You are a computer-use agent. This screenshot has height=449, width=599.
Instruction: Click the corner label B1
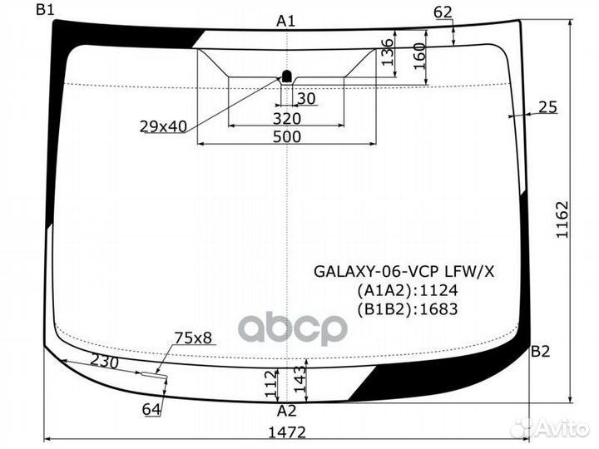coord(45,10)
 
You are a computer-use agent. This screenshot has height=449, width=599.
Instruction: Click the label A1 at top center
coord(286,21)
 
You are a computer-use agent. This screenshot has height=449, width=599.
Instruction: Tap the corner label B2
coord(541,351)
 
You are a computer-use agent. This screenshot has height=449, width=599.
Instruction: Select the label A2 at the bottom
coord(286,411)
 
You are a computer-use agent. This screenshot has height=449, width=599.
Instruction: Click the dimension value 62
coord(443,12)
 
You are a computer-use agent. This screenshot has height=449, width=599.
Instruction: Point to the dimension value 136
coord(387,52)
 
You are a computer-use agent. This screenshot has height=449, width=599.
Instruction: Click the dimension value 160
coord(419,56)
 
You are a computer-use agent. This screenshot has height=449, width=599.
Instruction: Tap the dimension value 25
coord(547,106)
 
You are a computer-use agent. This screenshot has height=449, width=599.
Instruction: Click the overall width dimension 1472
coord(287,432)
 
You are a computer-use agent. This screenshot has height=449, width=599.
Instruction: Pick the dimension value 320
coord(287,118)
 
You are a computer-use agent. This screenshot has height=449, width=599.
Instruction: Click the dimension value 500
coord(287,137)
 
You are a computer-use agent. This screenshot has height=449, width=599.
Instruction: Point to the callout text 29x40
coord(163,126)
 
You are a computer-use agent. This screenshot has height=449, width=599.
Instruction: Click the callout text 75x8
coord(193,338)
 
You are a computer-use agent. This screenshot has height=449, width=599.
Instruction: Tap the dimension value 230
coord(104,363)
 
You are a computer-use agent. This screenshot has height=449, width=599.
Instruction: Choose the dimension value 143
coord(299,382)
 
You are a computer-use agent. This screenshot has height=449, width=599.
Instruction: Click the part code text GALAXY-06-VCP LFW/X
coord(403,270)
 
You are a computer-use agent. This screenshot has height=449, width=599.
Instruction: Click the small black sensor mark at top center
coord(287,76)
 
